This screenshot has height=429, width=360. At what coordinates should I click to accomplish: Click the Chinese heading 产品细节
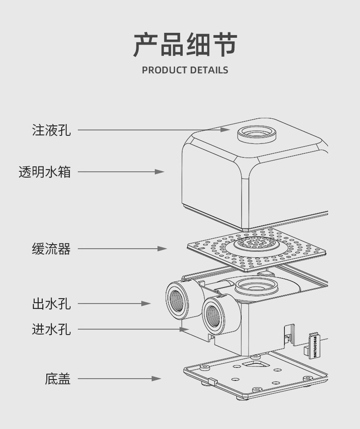coord(185,45)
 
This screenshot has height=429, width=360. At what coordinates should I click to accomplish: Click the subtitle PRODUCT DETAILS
coord(185,70)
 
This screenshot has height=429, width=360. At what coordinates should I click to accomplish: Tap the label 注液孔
coord(51,130)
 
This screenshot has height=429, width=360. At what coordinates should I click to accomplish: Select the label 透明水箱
coord(45,172)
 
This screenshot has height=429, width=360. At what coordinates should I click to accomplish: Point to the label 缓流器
coord(51,249)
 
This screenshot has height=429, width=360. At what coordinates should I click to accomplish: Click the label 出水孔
coord(51,304)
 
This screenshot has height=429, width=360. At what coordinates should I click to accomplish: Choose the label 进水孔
coord(51,329)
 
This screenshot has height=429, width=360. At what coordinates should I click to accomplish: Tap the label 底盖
coord(58,379)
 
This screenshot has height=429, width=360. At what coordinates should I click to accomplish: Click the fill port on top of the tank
coord(257,133)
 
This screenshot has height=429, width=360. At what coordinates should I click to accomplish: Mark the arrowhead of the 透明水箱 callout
coord(160,172)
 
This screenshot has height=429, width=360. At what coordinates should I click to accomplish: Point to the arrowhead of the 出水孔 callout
coord(146,304)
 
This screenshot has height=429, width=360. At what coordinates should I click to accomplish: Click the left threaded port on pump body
coord(179,301)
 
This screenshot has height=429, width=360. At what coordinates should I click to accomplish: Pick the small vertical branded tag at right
coord(314,346)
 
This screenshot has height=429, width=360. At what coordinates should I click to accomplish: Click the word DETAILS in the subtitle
coord(209,70)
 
